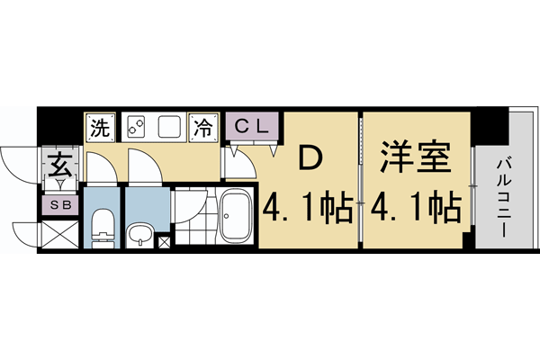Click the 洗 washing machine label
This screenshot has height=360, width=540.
pos(98,127)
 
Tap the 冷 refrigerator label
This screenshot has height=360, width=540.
pos(205,127)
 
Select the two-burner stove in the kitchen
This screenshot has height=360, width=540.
pos(137,127)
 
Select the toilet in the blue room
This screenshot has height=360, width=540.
pos(102,228)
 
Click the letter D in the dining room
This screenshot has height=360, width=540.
pos(310,158)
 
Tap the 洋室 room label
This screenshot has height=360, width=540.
pos(413,158)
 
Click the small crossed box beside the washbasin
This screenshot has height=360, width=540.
pos(164,241)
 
